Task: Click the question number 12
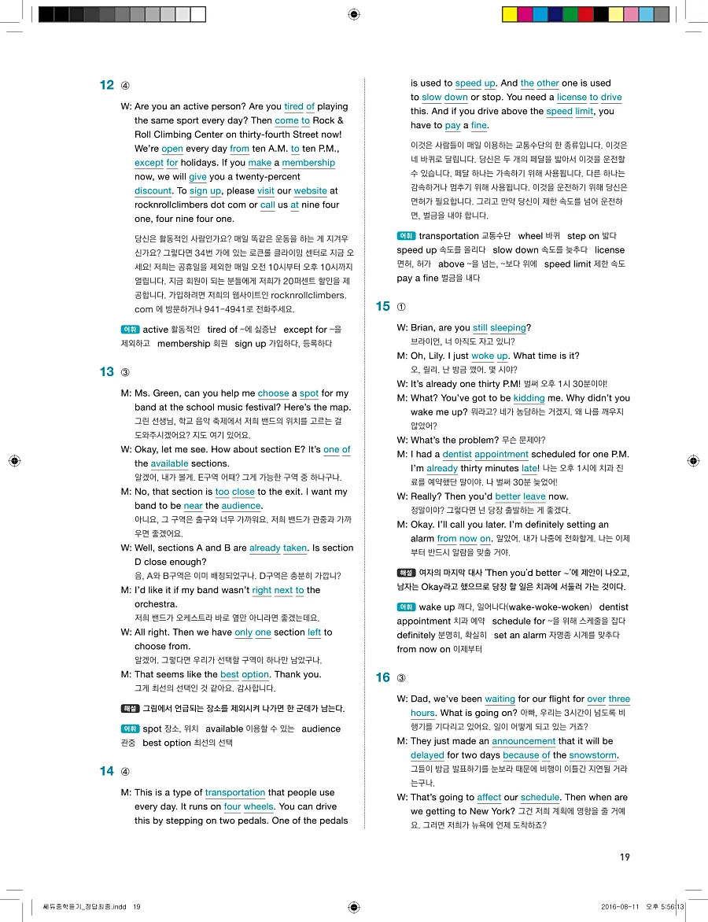[x=107, y=85]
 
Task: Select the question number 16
[x=383, y=677]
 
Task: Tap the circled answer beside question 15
[x=402, y=307]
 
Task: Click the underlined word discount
[x=153, y=191]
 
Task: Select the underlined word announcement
[x=523, y=741]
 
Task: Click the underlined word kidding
[x=529, y=398]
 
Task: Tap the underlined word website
[x=310, y=191]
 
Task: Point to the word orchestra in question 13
[x=155, y=604]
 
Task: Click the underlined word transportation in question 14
[x=234, y=793]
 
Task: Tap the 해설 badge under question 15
[x=406, y=573]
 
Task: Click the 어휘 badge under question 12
[x=130, y=330]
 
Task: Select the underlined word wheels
[x=258, y=807]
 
